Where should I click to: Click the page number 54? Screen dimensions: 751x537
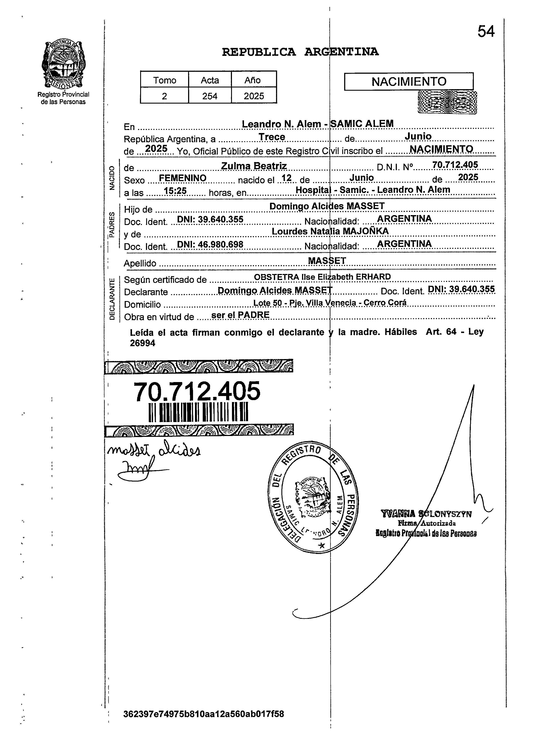point(486,32)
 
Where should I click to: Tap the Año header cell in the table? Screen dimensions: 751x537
point(254,80)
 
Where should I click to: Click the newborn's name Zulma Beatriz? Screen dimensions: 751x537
point(254,166)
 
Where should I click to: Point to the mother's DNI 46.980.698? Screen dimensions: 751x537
point(210,244)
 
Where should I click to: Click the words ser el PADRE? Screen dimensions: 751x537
point(240,315)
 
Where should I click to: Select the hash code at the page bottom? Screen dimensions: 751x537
point(203,714)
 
